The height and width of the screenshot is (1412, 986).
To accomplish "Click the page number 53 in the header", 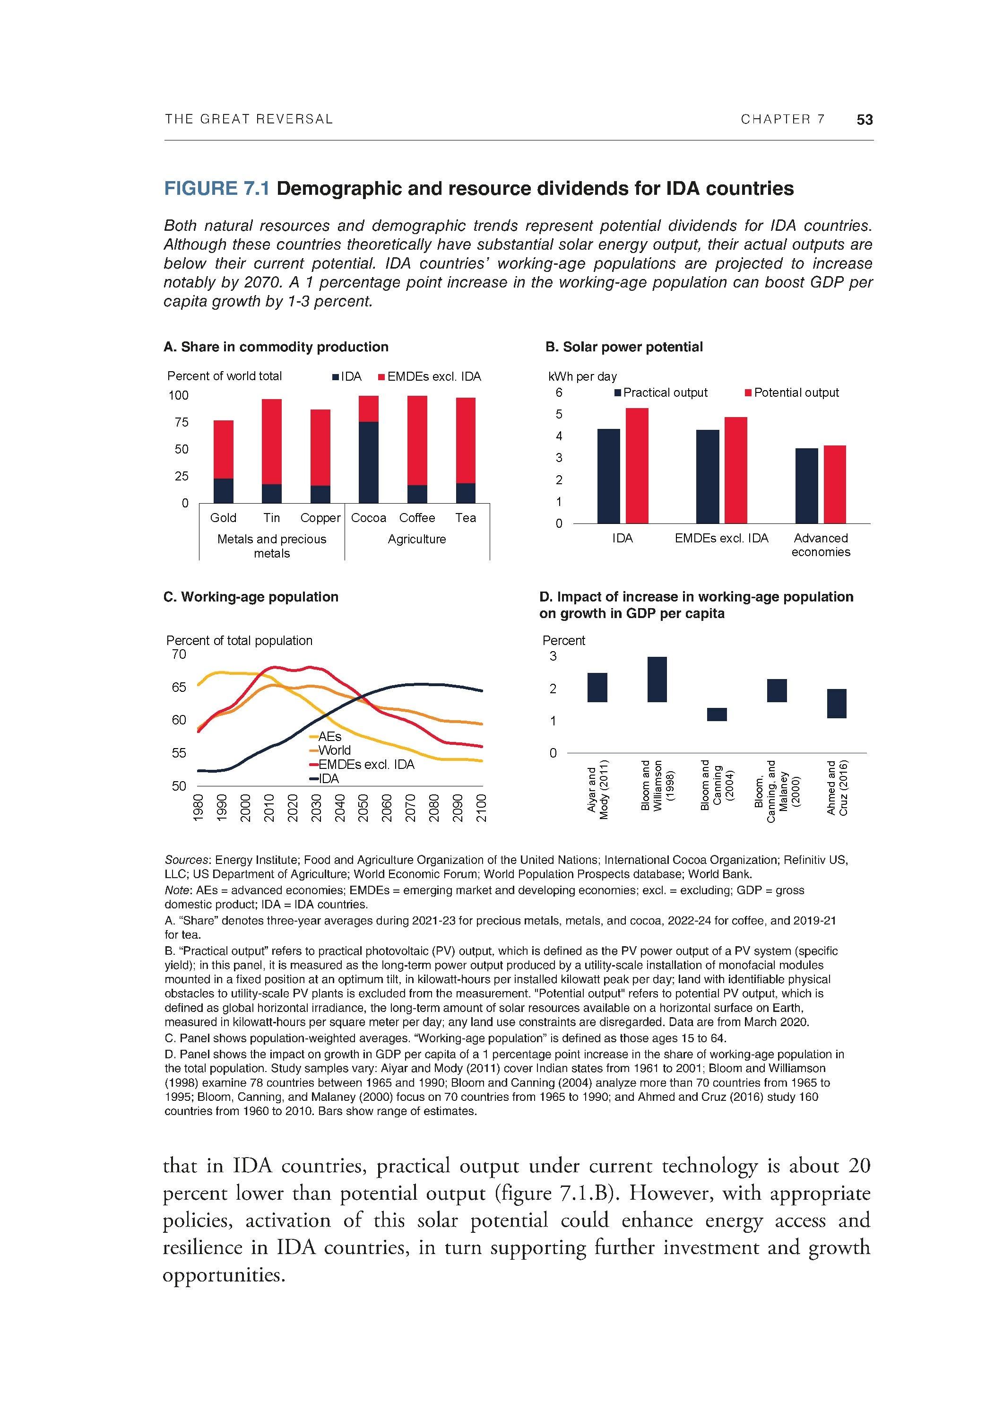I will (x=865, y=119).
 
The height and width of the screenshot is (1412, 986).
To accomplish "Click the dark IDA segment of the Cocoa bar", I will (x=368, y=462).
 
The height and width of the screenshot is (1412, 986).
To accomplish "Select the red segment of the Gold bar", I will (x=223, y=449).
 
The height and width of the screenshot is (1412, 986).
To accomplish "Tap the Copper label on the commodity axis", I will (x=320, y=518).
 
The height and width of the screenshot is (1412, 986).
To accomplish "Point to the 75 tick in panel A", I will (x=182, y=422).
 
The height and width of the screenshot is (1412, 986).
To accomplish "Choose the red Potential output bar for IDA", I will (x=637, y=465).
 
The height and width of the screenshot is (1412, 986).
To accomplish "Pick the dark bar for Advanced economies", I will (x=806, y=486).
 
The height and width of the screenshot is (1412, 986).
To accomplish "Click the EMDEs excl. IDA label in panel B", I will (x=721, y=538).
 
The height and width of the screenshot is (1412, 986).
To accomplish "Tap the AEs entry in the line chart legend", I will (x=329, y=736).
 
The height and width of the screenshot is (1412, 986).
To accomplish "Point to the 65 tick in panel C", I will (x=179, y=687).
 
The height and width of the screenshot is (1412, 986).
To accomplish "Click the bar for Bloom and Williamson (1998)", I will (x=657, y=679).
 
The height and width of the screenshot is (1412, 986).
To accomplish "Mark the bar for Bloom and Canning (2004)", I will (x=716, y=714).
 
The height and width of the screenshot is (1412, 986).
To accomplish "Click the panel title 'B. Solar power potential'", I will (x=624, y=347).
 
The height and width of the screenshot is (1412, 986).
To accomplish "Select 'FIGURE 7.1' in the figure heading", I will (x=216, y=188).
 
